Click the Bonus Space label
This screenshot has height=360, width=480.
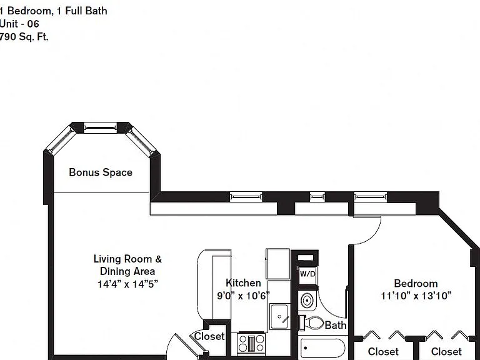(101, 172)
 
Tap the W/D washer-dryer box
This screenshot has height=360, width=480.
(307, 274)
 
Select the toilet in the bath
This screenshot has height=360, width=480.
(311, 323)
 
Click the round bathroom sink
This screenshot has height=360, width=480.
(307, 301)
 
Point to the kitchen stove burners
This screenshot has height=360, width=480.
(251, 343)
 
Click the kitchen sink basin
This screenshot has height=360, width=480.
(279, 316)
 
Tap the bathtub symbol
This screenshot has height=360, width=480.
(323, 348)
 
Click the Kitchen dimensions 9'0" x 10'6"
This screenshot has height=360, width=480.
(243, 296)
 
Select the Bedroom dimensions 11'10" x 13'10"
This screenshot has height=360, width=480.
(416, 296)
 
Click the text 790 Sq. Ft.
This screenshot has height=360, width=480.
(24, 37)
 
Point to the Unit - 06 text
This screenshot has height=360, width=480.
(19, 24)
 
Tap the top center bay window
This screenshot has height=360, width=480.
(101, 127)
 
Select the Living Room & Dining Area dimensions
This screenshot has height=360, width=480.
(127, 284)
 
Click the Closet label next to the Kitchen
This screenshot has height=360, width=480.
(209, 336)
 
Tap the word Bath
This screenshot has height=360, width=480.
(336, 325)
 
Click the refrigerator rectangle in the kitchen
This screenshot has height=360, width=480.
(277, 264)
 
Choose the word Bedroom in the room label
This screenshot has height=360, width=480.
(416, 283)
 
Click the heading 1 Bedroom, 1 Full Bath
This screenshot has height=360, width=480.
(54, 11)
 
